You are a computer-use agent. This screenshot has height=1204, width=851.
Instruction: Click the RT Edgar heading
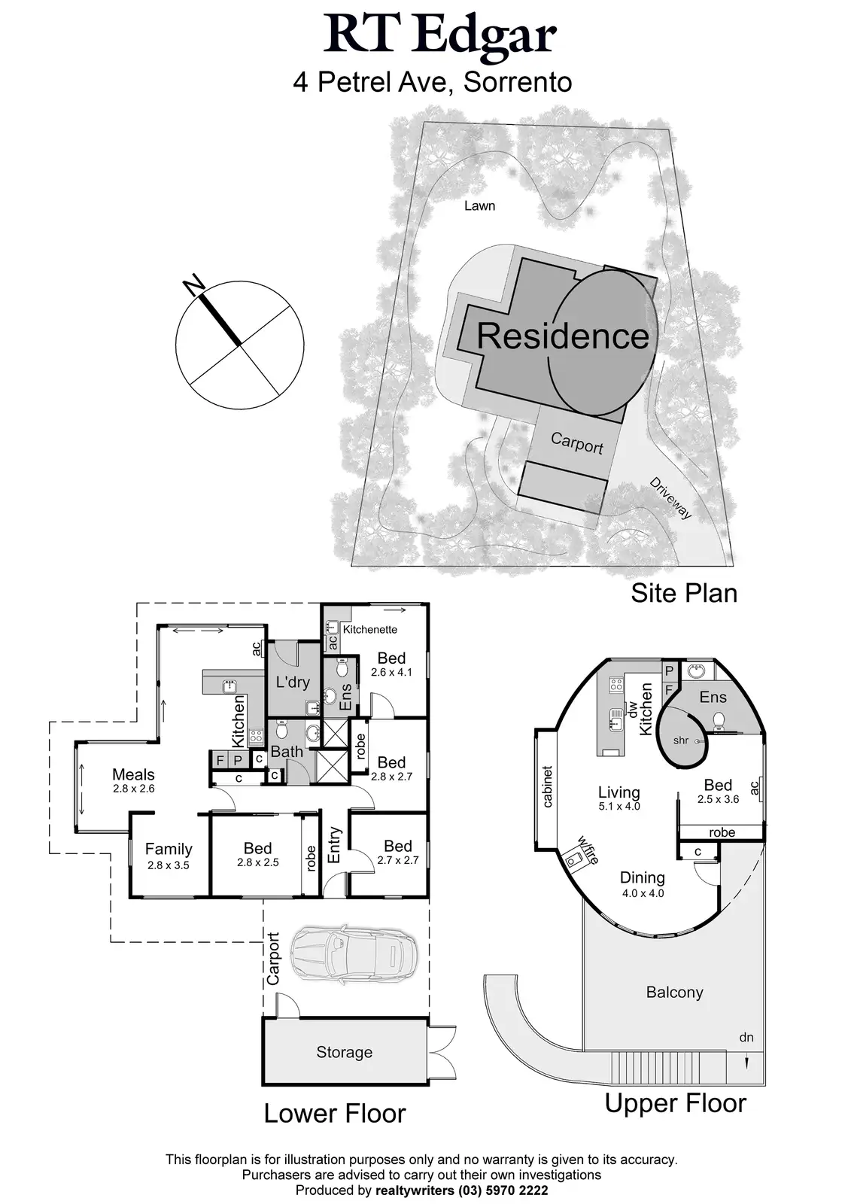pos(440,35)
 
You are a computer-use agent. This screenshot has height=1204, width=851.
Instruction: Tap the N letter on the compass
pos(194,284)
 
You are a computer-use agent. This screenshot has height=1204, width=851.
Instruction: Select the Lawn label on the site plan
pos(479,205)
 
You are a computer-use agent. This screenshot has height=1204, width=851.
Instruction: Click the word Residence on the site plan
pos(562,336)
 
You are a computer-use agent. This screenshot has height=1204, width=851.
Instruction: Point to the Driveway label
pos(670,497)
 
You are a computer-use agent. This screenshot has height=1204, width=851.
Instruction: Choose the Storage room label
pos(344,1052)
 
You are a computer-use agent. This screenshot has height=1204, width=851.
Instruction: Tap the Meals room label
pos(133,774)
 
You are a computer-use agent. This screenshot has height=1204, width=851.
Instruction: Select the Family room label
pos(169,850)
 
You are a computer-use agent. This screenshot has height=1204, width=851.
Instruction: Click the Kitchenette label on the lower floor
pos(370,629)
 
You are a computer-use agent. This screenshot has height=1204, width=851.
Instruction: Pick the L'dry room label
pos(293,683)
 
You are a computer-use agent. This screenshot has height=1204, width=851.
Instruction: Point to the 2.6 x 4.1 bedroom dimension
pos(391,672)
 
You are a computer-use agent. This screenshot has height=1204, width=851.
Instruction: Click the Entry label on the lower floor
pos(334,845)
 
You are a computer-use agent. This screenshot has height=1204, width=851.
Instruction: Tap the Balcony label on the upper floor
pos(674,992)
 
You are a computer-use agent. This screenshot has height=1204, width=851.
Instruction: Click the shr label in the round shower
pos(681,740)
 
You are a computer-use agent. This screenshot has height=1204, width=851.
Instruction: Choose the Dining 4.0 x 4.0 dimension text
pos(642,893)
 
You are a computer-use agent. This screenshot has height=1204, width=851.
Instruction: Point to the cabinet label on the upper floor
pos(548,786)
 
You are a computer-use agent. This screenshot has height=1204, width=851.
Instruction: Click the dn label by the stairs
pos(746,1038)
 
